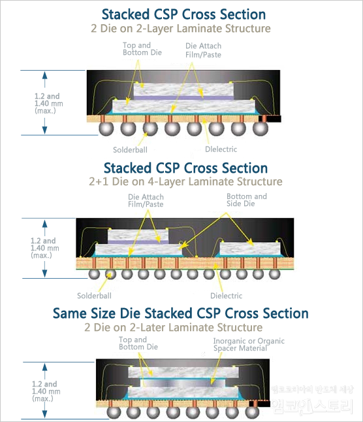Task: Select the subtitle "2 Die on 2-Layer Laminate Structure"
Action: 181,29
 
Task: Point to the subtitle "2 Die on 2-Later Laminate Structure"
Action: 173,327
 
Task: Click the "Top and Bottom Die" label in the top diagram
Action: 136,48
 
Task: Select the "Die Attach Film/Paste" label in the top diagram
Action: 204,50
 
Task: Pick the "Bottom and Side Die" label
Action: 247,200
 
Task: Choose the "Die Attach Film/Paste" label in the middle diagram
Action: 146,200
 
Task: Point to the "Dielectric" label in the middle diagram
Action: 227,295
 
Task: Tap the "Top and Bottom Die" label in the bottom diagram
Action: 138,343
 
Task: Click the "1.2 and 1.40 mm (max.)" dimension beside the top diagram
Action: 46,103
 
